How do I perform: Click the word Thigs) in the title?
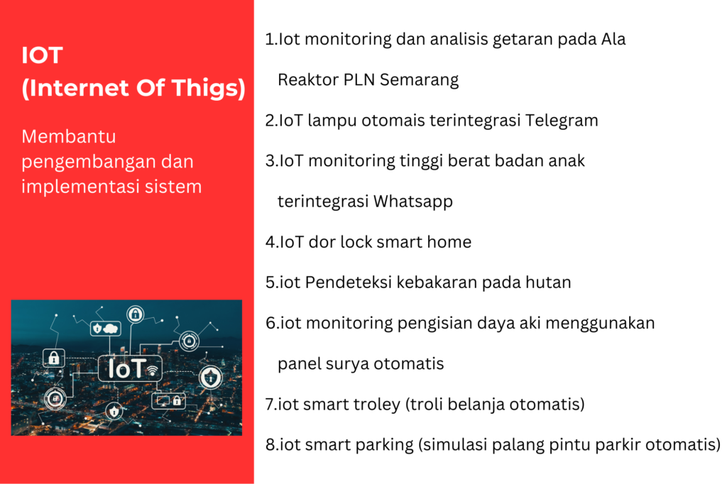[x=209, y=89]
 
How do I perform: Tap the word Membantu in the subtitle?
[x=69, y=137]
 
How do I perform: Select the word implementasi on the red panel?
[x=81, y=187]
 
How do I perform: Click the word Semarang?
[x=419, y=80]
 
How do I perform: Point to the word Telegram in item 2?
[x=562, y=121]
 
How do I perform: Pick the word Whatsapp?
[x=413, y=202]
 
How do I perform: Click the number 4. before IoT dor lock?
[x=272, y=242]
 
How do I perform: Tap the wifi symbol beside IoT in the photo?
[x=152, y=370]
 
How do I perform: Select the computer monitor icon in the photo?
[x=163, y=400]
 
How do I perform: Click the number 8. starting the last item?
[x=272, y=445]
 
